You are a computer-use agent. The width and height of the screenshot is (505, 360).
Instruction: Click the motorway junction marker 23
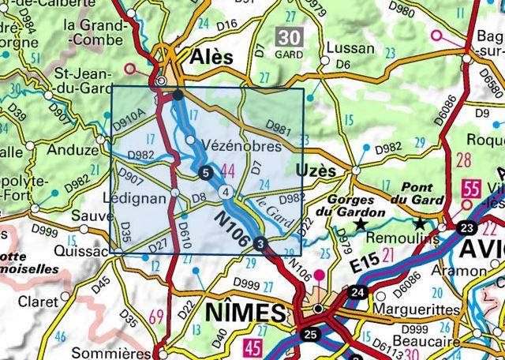coord(466,228)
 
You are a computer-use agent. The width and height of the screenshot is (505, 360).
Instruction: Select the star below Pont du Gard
coord(420,224)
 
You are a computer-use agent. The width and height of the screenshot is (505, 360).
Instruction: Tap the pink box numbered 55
coord(472,190)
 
